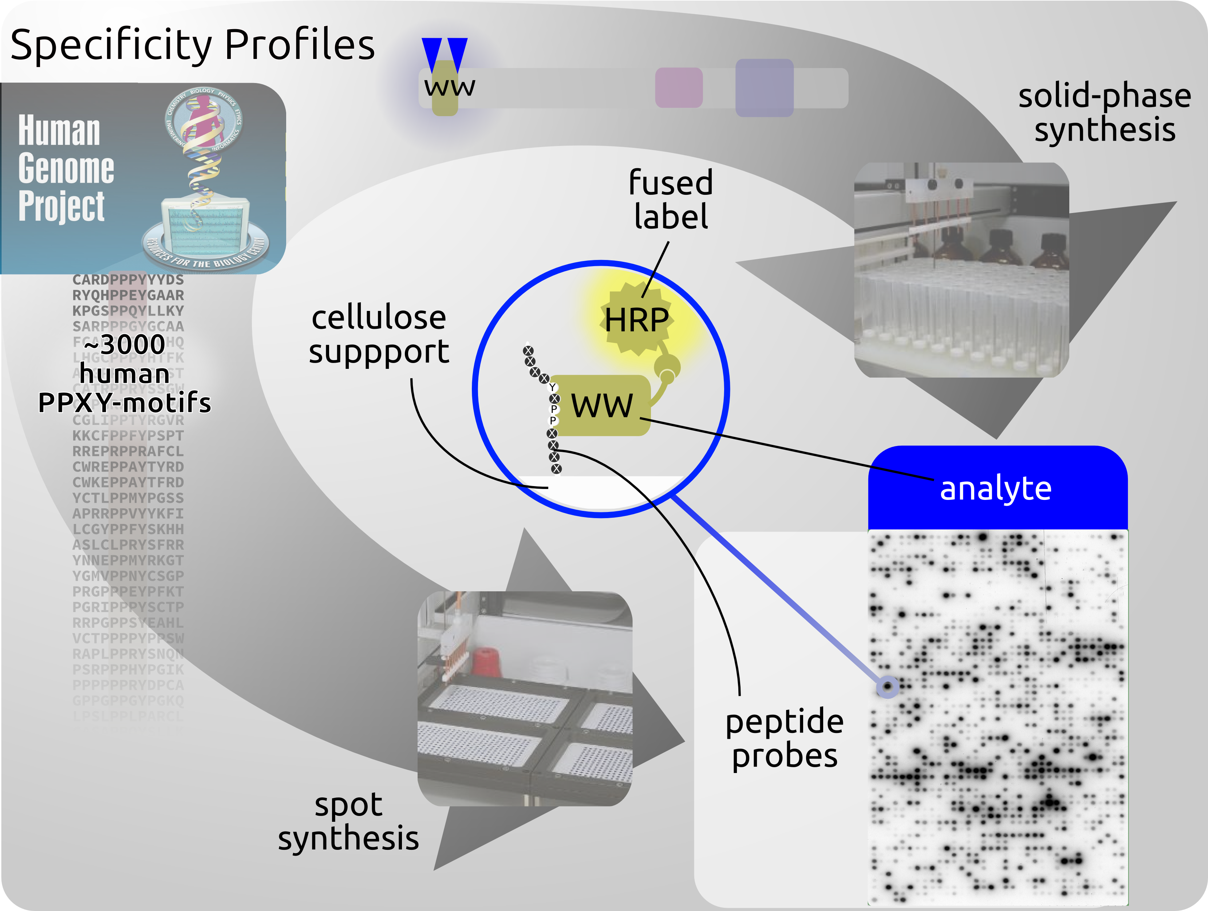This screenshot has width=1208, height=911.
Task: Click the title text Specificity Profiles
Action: click(x=192, y=45)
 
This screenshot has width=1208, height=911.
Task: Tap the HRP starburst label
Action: click(x=637, y=320)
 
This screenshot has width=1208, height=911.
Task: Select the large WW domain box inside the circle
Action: click(x=601, y=405)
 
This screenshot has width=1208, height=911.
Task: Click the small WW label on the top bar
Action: click(x=449, y=87)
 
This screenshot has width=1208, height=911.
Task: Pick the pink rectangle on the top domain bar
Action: click(x=678, y=87)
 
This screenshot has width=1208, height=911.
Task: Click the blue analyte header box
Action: click(x=997, y=488)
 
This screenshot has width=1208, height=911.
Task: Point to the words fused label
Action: click(x=671, y=200)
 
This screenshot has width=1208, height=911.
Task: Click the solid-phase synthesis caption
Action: click(x=1104, y=113)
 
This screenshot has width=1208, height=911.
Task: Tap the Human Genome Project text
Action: click(x=66, y=168)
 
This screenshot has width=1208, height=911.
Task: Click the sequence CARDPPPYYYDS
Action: click(x=128, y=280)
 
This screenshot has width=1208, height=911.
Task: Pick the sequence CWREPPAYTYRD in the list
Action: click(x=128, y=467)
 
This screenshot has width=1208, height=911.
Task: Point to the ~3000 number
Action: click(x=125, y=344)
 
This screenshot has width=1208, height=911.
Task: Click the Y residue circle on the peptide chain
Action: click(x=552, y=387)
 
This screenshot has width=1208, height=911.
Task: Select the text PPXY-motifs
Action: click(x=125, y=403)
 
